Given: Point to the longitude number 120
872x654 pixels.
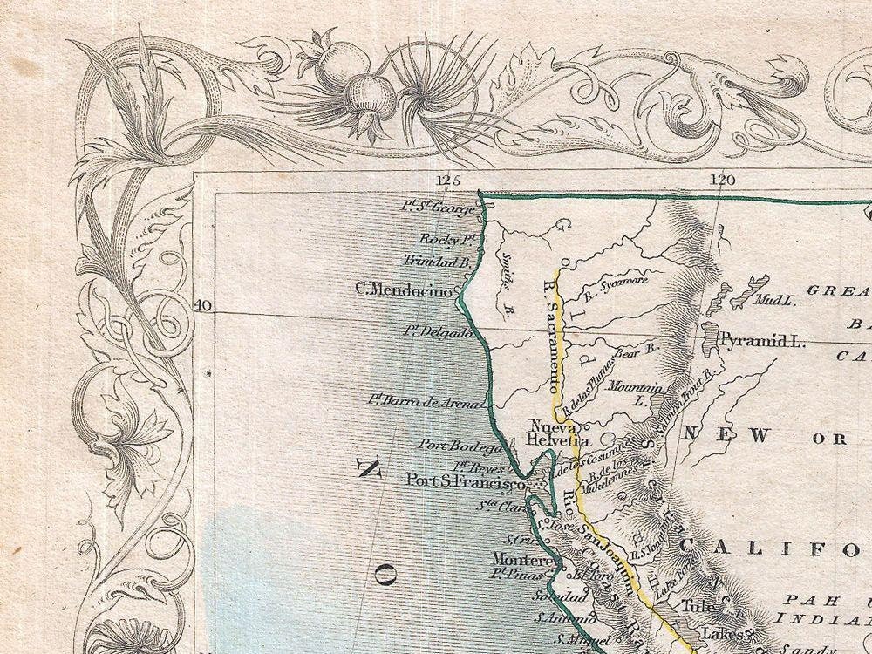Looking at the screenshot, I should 722,181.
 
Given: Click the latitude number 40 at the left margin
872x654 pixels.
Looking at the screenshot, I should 202,305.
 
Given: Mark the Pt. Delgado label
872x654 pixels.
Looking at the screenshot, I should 438,332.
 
